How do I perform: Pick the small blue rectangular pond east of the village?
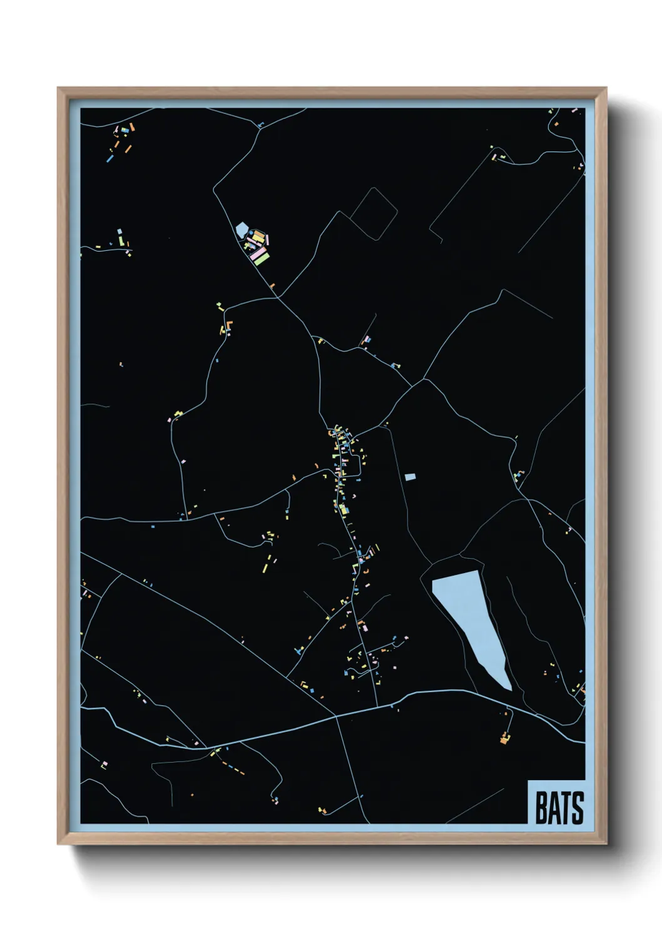[410, 477]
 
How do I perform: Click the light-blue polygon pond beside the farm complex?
[242, 230]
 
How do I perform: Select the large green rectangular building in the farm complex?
[262, 257]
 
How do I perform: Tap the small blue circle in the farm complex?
[252, 233]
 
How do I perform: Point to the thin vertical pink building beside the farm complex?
[268, 240]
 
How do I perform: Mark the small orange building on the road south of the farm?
[272, 285]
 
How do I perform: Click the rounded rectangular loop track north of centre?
[374, 213]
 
